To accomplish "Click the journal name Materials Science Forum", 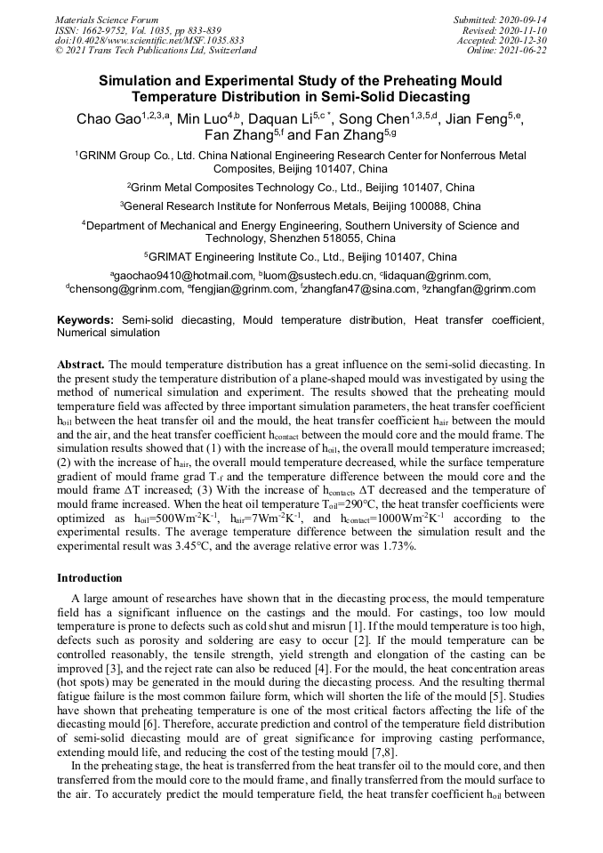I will pos(107,20).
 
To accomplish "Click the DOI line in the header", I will pos(137,40).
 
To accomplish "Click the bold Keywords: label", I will pos(85,319).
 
